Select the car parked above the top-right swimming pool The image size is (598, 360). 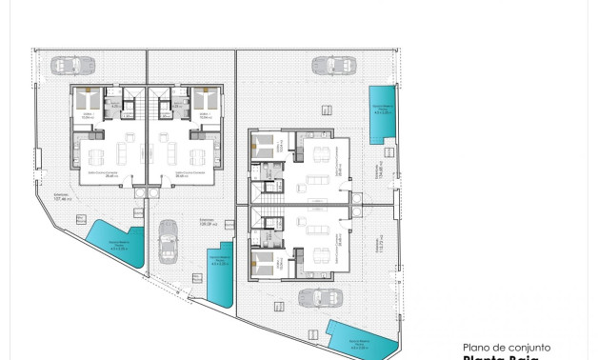(x=329, y=66)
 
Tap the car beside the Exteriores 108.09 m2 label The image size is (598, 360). (x=168, y=242)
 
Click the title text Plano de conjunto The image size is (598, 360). (x=506, y=348)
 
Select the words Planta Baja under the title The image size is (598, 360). (x=500, y=358)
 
